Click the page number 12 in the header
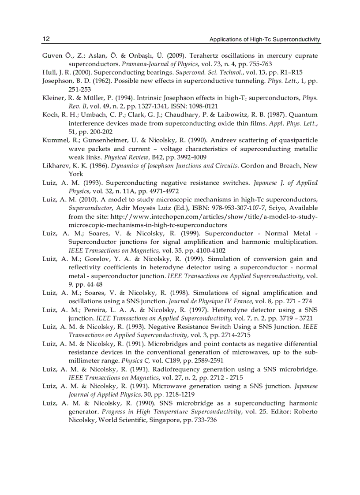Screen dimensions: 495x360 [46, 39]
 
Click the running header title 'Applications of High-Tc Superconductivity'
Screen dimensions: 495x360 [265, 40]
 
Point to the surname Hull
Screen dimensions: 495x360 [49, 72]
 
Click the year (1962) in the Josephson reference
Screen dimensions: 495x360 [94, 81]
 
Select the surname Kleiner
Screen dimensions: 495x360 [53, 97]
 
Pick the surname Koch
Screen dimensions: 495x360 [49, 115]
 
